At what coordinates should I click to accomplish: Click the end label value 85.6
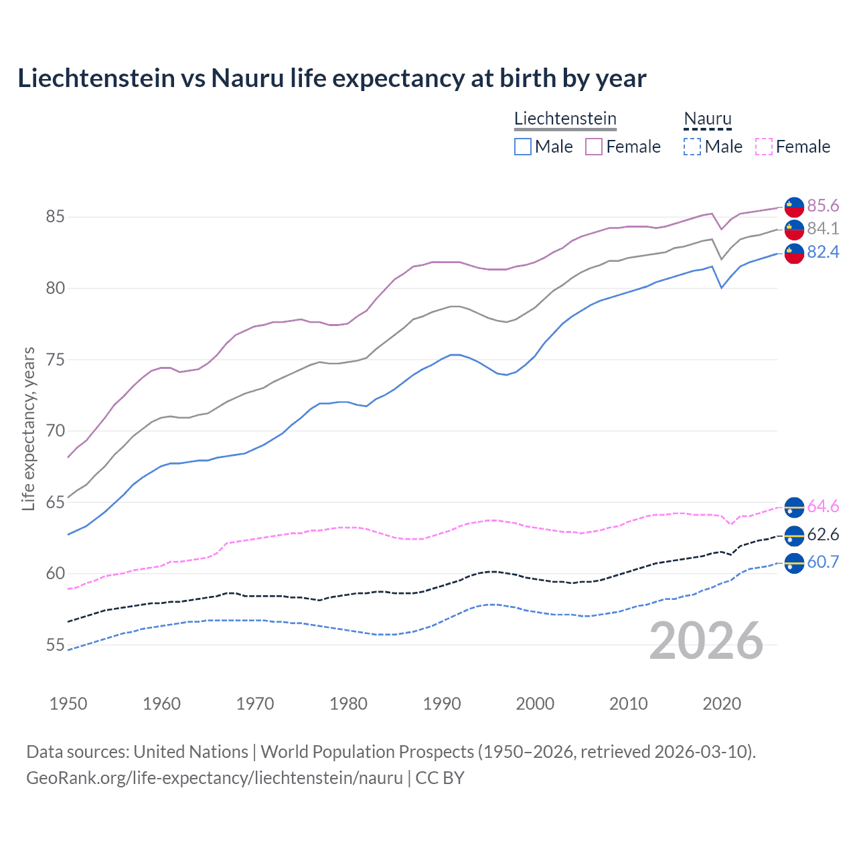tap(823, 206)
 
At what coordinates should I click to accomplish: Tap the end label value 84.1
tap(823, 228)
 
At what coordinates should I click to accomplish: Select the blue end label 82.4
tap(823, 252)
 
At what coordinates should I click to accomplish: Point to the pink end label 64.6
tap(823, 506)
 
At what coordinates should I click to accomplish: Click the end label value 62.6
tap(823, 534)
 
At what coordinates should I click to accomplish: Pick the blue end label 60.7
tap(823, 562)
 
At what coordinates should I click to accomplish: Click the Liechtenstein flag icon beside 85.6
tap(794, 206)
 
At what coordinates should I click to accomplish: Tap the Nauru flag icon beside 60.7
tap(794, 563)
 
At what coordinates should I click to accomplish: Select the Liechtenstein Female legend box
tap(594, 147)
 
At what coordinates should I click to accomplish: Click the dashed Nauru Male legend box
tap(692, 147)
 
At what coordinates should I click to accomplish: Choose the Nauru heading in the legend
tap(707, 119)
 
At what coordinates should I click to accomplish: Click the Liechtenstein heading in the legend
tap(565, 119)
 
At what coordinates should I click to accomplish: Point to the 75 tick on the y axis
tap(56, 360)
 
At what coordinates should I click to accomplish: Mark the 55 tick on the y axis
tap(56, 645)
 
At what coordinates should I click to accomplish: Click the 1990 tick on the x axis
tap(442, 704)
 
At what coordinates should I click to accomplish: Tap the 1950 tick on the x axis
tap(68, 704)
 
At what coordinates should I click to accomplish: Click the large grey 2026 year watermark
tap(706, 641)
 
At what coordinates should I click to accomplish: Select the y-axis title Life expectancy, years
tap(28, 428)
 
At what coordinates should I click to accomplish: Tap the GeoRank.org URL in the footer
tap(214, 778)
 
